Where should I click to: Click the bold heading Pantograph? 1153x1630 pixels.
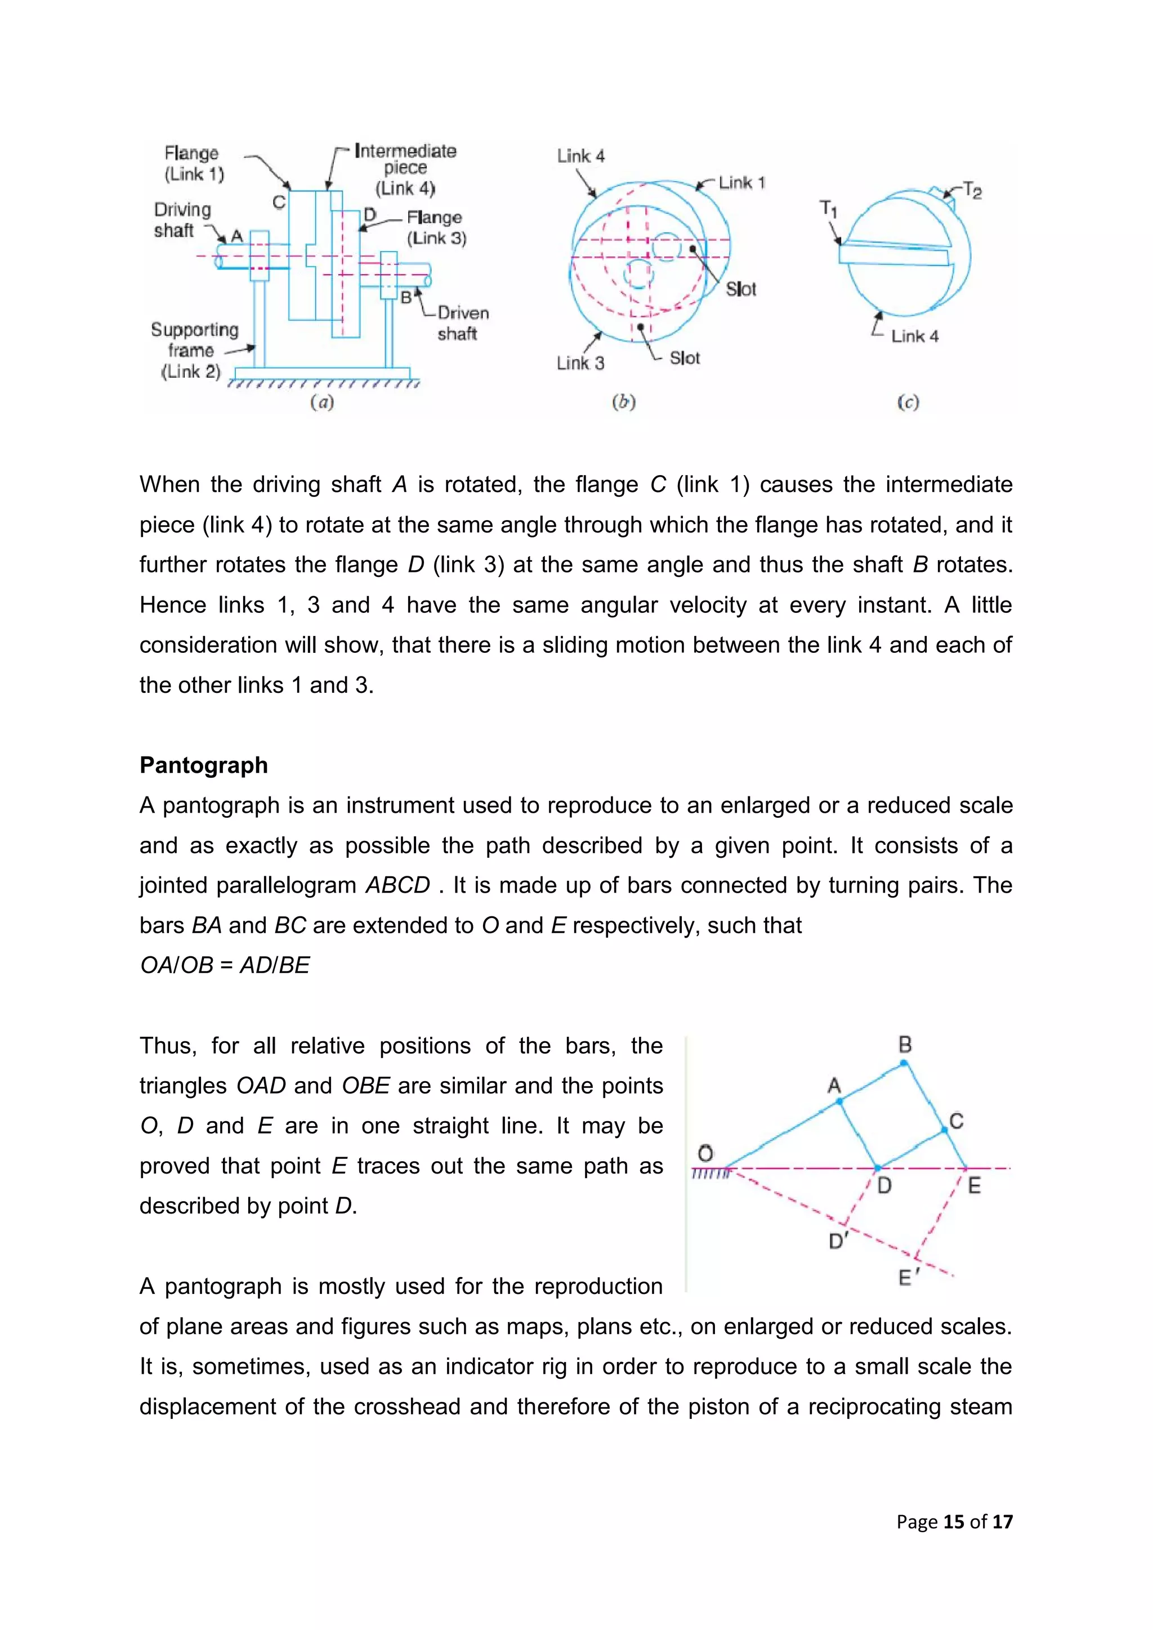point(204,765)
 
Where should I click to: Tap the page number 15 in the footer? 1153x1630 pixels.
point(954,1521)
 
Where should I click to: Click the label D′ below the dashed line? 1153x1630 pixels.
point(838,1241)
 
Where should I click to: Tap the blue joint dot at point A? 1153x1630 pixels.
point(840,1101)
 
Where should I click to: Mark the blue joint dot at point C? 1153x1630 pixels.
point(944,1130)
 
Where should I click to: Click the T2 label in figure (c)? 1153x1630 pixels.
point(972,190)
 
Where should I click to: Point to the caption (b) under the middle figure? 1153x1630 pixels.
point(623,402)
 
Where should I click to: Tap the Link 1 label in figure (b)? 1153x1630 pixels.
point(742,183)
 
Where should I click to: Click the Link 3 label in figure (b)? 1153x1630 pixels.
point(580,364)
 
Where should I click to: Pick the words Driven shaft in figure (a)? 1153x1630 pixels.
point(462,323)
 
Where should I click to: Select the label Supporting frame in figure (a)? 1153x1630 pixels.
point(194,340)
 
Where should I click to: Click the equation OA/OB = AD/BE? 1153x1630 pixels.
point(225,965)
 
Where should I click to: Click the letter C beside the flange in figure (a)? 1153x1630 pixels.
point(279,202)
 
